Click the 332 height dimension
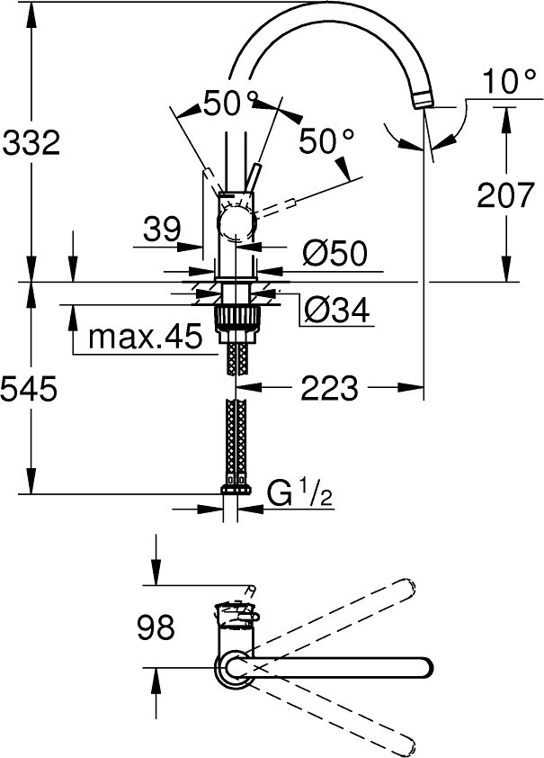31,143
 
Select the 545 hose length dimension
30,389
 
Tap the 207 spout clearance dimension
506,194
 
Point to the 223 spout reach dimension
330,388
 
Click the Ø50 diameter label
335,252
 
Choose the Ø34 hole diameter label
337,309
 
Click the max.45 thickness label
145,337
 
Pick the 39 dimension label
162,230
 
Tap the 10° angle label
509,81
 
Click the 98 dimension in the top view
156,627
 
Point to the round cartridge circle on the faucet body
236,224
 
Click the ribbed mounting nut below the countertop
236,318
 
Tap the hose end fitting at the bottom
236,489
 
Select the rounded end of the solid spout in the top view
424,668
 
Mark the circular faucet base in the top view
233,668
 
